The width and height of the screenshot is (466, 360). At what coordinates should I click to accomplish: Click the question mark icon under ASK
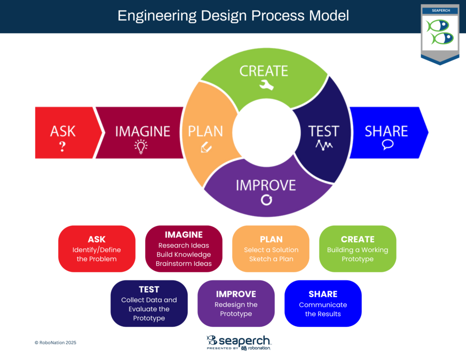tap(62, 147)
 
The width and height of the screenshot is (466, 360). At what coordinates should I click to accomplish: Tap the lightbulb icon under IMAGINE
tap(141, 147)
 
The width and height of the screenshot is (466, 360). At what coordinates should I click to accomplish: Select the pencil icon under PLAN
tap(206, 147)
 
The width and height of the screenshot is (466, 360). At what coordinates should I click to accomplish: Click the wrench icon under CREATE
tap(266, 85)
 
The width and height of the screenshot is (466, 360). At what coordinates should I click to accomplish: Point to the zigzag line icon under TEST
tap(324, 145)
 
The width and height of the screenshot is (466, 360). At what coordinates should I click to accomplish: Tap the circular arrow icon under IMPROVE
tap(266, 200)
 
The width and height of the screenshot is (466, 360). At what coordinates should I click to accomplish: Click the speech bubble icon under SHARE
tap(388, 145)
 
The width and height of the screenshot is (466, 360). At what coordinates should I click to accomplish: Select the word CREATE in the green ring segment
tap(263, 71)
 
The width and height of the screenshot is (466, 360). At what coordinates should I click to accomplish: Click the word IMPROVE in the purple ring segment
tap(266, 185)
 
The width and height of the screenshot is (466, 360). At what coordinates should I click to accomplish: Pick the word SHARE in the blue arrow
tap(386, 131)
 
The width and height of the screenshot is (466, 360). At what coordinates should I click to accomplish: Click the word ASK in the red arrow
tap(63, 131)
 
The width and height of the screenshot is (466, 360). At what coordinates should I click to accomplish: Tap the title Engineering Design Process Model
tap(233, 16)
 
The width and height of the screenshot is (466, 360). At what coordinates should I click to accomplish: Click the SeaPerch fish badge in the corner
tap(440, 34)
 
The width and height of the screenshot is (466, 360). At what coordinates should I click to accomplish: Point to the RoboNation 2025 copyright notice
tap(55, 342)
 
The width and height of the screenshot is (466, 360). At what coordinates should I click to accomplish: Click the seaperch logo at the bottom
tap(238, 343)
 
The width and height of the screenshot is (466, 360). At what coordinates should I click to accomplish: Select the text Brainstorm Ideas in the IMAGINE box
tap(184, 264)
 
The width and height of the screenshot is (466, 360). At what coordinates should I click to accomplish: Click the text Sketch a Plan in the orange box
tap(271, 259)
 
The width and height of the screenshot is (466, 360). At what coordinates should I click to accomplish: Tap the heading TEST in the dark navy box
tap(149, 289)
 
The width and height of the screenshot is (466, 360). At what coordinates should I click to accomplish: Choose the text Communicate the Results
tap(323, 309)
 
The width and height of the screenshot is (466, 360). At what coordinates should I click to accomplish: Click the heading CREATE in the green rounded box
tap(358, 239)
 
